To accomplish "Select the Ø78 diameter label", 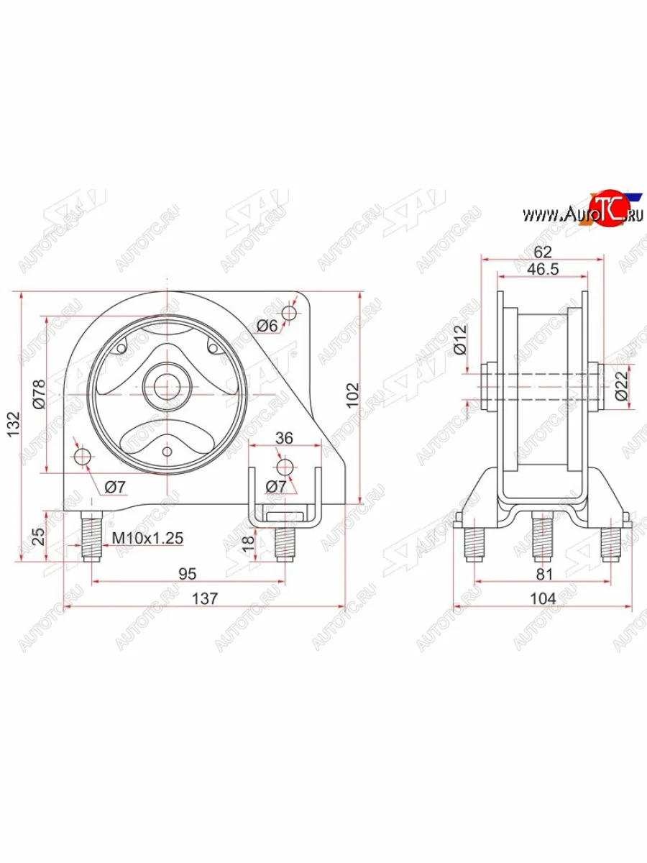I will point(39,393).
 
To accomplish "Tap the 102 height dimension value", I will point(352,395).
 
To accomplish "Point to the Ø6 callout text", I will point(267,326).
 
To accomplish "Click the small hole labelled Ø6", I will point(289,314).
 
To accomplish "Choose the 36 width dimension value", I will point(285,437).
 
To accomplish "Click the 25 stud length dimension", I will point(39,536).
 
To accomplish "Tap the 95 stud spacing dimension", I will point(188,573).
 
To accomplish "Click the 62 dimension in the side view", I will point(543,251).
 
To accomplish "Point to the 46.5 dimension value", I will point(543,270).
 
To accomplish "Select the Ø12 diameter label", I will point(461,340).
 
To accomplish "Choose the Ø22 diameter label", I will point(623,385).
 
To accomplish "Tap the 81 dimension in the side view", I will point(544,573).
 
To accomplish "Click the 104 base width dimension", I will point(543,597).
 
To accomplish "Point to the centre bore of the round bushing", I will point(167,386).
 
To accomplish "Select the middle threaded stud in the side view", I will point(543,536).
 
